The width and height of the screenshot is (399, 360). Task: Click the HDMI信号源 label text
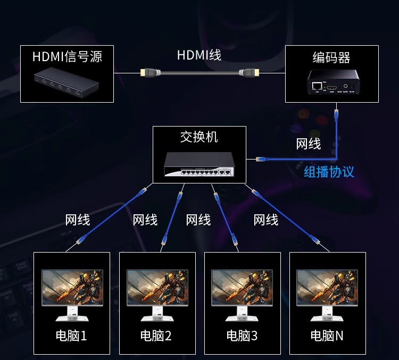67,57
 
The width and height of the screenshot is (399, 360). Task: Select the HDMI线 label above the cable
199,55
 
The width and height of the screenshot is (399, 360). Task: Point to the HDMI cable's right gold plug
251,73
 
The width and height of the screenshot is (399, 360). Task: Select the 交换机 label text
199,137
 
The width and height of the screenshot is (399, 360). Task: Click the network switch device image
199,164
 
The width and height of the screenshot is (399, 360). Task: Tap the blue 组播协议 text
329,172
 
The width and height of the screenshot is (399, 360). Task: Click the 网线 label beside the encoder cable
309,144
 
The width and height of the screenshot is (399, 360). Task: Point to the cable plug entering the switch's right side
261,159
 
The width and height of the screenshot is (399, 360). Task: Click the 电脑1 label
71,336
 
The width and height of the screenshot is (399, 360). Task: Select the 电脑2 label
156,336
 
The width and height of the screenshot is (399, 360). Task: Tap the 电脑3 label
242,336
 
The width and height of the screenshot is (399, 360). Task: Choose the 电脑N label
327,336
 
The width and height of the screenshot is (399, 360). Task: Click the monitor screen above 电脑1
72,287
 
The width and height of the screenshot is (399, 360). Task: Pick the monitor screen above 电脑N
327,287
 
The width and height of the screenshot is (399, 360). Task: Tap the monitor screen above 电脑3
242,287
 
